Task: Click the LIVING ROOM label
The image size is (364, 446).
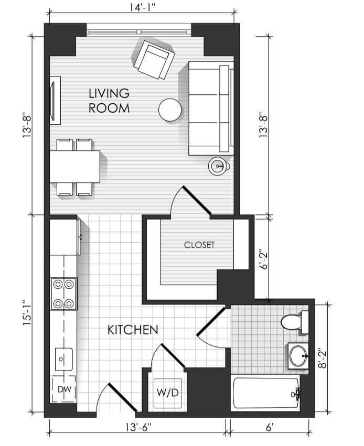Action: tap(109, 101)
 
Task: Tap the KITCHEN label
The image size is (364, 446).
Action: tap(133, 330)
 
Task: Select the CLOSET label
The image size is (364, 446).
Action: tap(199, 245)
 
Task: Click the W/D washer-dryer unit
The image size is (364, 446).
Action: tap(168, 393)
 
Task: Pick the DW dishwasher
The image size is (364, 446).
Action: tap(64, 389)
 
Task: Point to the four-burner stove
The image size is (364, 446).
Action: tap(64, 294)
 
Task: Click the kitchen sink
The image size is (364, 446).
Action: tap(64, 359)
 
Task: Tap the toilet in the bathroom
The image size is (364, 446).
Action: tap(294, 322)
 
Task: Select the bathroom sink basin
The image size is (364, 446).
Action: tap(298, 356)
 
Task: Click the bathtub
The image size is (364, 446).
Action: tap(266, 393)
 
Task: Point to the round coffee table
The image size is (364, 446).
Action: tap(170, 110)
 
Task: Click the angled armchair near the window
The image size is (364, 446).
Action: tap(154, 59)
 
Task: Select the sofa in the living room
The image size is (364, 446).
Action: tap(211, 108)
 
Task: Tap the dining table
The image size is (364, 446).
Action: tap(75, 167)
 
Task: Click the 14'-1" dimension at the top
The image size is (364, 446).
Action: tap(142, 7)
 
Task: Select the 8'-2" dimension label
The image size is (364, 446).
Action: tap(323, 358)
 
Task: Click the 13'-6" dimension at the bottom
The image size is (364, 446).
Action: tap(138, 427)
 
